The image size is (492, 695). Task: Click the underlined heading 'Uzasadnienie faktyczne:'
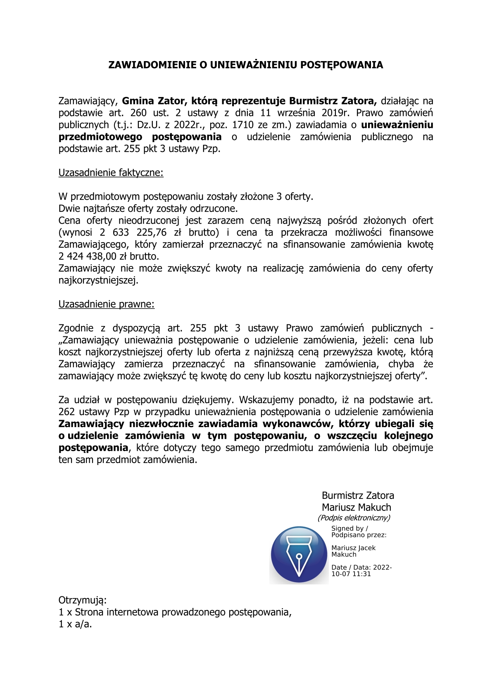point(111,173)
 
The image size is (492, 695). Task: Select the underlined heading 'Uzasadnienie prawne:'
point(106,305)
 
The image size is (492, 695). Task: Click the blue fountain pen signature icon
point(299,554)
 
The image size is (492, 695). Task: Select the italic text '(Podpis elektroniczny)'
point(354,518)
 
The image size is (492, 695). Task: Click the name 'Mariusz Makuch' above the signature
point(356,508)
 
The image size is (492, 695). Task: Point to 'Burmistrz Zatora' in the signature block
point(358,496)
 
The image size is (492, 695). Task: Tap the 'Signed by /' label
point(349,529)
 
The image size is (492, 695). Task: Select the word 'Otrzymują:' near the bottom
point(83,600)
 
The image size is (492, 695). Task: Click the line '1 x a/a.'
point(75,624)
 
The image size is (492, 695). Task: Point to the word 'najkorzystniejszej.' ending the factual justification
point(98,281)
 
